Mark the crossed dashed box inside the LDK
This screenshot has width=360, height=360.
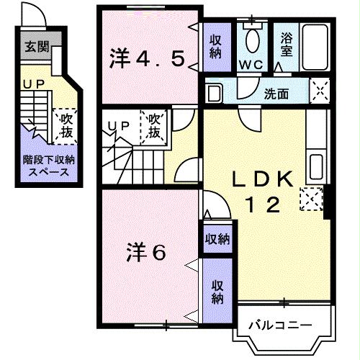(x=310, y=198)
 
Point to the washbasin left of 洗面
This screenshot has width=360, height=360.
(x=213, y=93)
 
